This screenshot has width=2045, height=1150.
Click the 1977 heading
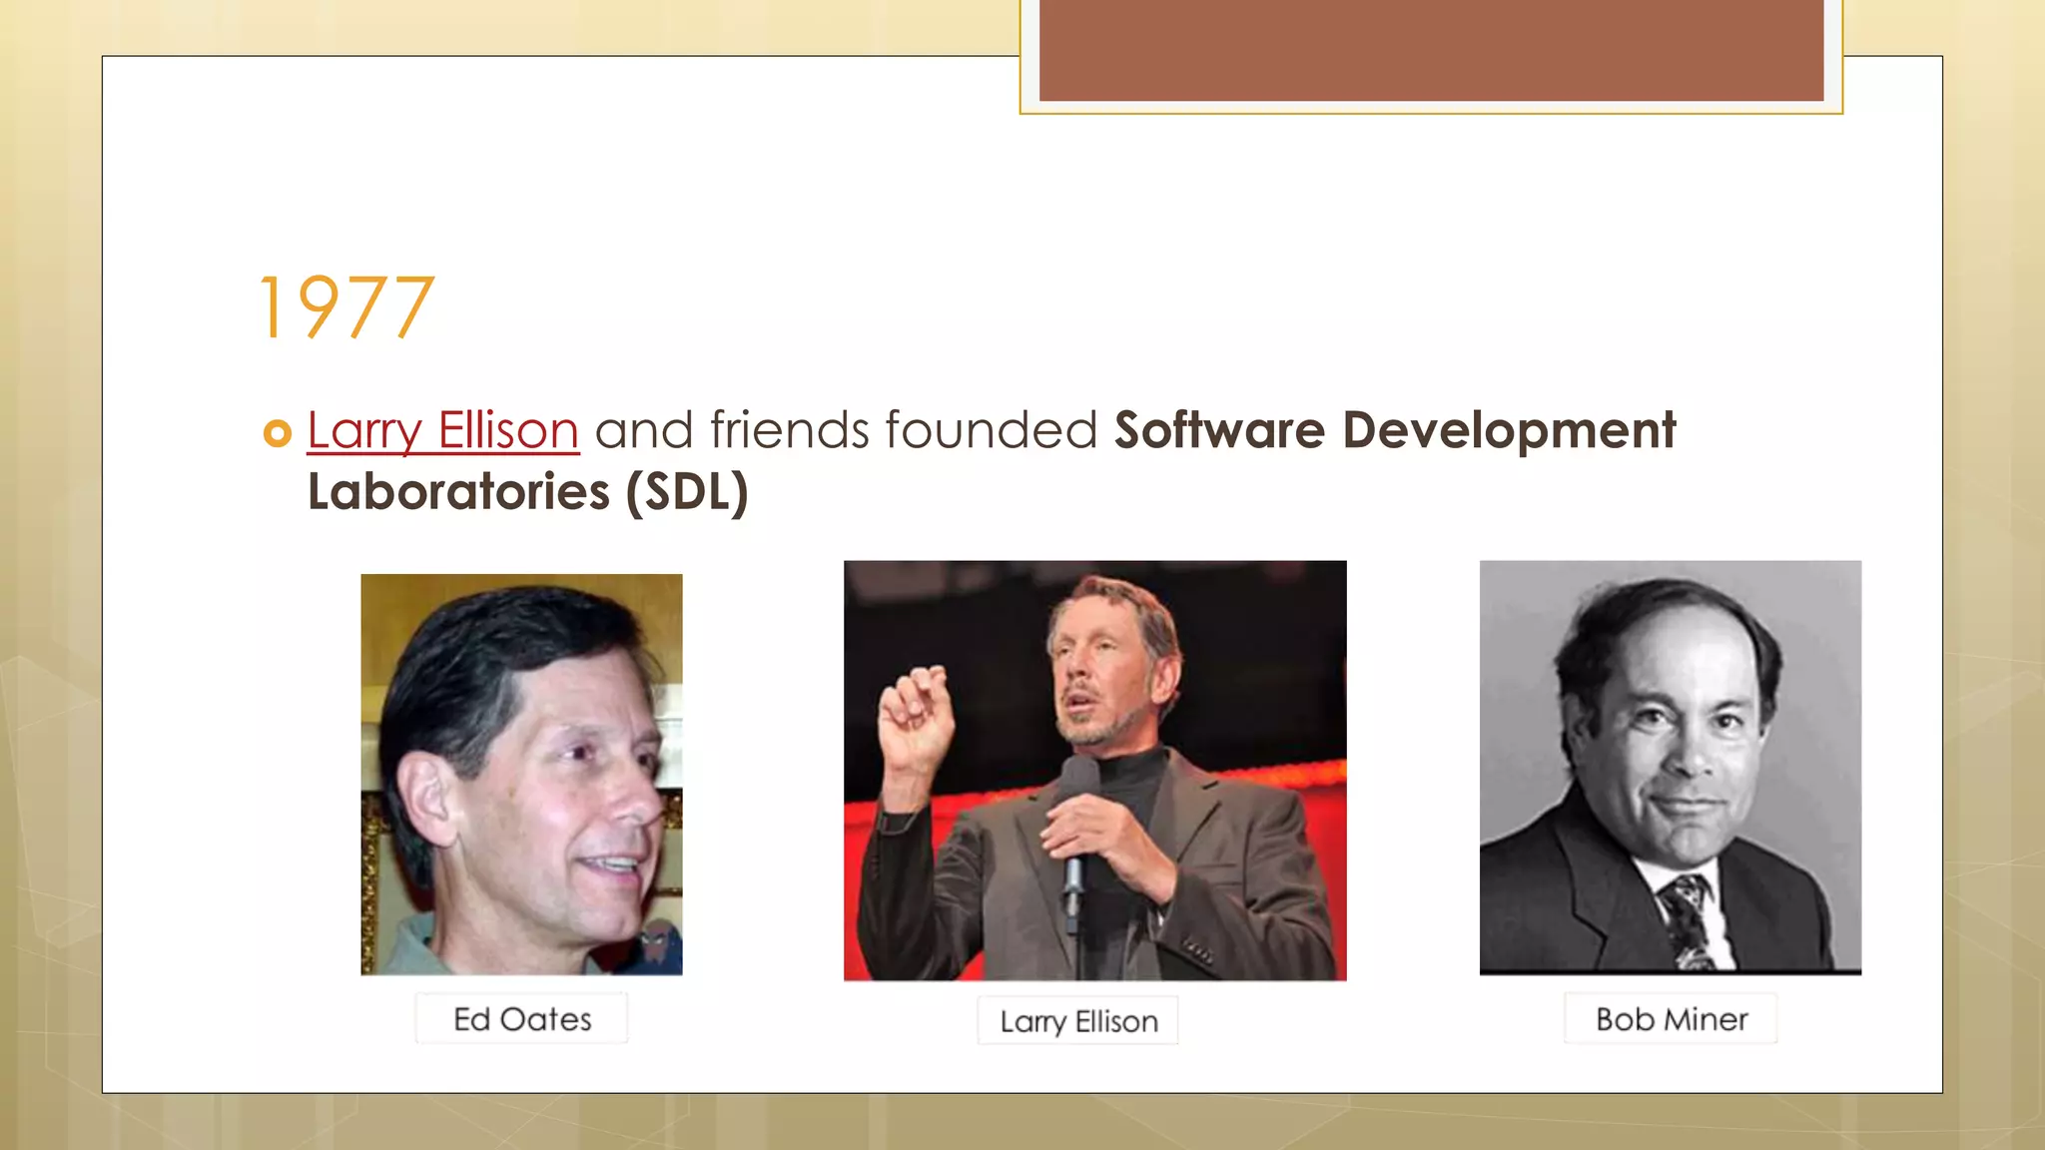coord(346,308)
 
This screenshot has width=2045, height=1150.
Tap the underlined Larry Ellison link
coord(442,431)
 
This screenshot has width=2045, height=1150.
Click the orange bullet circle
coord(277,433)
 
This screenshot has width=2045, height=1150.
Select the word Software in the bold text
coord(1219,431)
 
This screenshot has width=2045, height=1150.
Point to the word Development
coord(1508,431)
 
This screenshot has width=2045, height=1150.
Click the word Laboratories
coord(458,492)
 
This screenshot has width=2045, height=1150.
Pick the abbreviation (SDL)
coord(687,492)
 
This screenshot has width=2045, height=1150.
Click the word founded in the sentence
coord(991,431)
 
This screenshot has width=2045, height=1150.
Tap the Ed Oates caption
coord(522,1019)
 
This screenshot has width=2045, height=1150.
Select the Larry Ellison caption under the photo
coord(1078,1021)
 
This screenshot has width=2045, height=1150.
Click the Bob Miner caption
coord(1672,1019)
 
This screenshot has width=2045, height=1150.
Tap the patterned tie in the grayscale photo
coord(1688,918)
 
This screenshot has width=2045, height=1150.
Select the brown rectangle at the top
coord(1431,50)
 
